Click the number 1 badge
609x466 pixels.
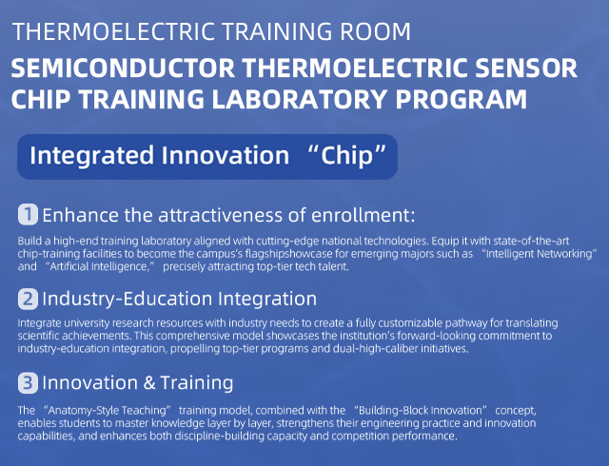pyautogui.click(x=28, y=214)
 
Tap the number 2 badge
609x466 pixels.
pyautogui.click(x=28, y=299)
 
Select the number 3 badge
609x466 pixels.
pyautogui.click(x=28, y=383)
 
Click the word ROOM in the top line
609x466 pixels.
pyautogui.click(x=375, y=31)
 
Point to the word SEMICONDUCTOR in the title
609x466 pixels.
pyautogui.click(x=123, y=68)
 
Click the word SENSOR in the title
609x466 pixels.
pyautogui.click(x=526, y=68)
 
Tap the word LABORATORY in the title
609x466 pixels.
pyautogui.click(x=300, y=99)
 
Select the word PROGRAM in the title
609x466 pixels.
pyautogui.click(x=461, y=99)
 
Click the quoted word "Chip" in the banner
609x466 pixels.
pyautogui.click(x=347, y=155)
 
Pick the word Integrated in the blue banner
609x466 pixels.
pyautogui.click(x=92, y=156)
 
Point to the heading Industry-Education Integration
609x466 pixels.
pyautogui.click(x=180, y=299)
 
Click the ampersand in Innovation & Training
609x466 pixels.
pyautogui.click(x=149, y=383)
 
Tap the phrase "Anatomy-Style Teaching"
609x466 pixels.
pyautogui.click(x=108, y=411)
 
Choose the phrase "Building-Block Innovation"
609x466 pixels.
pyautogui.click(x=421, y=411)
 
